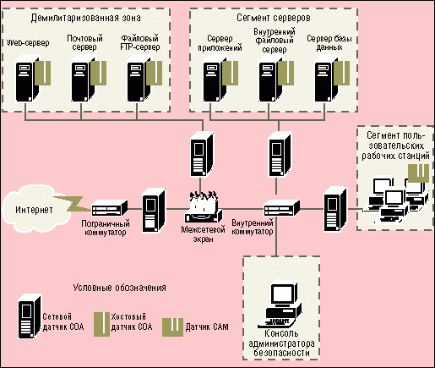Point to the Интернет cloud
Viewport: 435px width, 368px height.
click(35, 209)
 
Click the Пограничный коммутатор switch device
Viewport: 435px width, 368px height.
click(110, 208)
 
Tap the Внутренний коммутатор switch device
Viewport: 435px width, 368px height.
click(281, 208)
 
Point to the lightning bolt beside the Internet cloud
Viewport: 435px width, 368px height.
click(73, 204)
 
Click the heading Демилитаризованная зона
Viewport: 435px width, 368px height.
click(85, 18)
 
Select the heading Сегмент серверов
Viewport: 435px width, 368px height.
click(274, 18)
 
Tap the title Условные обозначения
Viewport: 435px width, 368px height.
click(119, 288)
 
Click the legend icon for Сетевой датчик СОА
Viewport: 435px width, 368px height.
click(30, 316)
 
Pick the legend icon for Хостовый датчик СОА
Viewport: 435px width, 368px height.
click(101, 324)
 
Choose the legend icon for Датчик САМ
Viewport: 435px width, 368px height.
click(172, 327)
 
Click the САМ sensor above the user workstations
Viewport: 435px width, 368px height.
click(419, 173)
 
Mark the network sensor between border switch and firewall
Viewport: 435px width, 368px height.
click(154, 211)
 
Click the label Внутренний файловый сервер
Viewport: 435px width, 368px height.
click(275, 41)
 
